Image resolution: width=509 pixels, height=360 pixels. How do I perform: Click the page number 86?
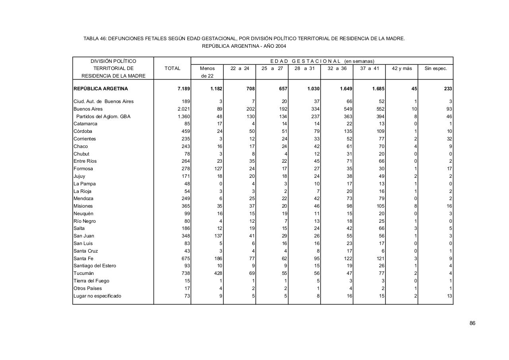click(472, 323)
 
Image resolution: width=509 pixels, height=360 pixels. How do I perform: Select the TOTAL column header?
click(172, 68)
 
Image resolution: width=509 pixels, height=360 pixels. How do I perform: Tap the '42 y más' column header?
click(402, 68)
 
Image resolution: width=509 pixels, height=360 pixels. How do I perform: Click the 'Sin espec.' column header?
click(435, 68)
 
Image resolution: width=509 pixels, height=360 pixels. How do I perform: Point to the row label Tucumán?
click(84, 273)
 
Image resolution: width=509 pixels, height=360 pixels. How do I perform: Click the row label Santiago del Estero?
click(95, 266)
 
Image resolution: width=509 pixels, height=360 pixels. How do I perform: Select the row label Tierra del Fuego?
click(91, 281)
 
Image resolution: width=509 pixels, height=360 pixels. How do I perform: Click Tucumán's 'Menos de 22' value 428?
click(218, 273)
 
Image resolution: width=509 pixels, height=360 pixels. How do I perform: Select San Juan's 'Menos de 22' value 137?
click(218, 236)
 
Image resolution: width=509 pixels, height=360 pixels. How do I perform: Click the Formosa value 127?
click(218, 169)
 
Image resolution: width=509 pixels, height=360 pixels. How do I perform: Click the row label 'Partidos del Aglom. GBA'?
click(103, 117)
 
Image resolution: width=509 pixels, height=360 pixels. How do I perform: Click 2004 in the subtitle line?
click(280, 46)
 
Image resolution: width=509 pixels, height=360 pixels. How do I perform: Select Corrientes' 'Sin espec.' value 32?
click(449, 139)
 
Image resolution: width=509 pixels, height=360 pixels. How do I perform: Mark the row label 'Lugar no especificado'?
click(97, 296)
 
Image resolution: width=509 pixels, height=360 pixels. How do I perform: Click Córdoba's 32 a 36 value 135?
click(347, 131)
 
